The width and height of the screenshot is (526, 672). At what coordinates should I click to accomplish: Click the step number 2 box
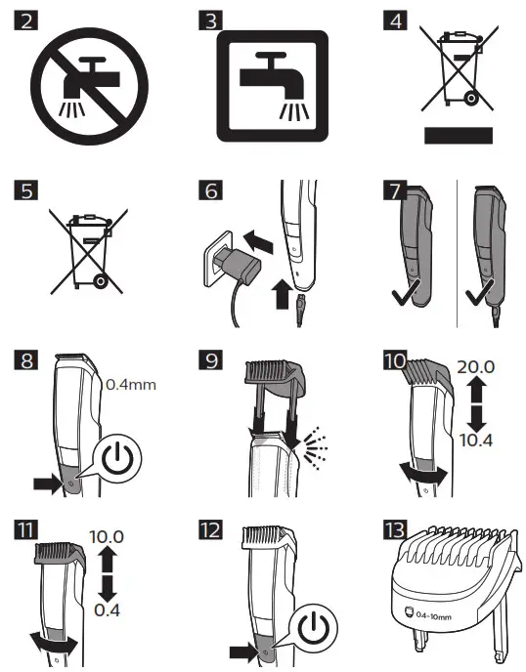[28, 21]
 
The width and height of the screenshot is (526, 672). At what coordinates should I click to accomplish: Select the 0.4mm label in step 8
[130, 386]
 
